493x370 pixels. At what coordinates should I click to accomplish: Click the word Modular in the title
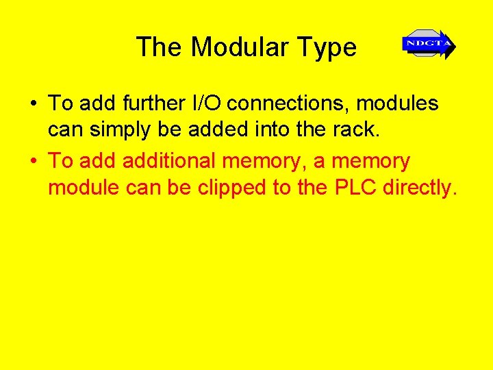point(240,47)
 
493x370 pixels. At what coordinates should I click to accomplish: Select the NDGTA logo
point(429,45)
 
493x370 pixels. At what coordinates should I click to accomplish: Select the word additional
point(166,161)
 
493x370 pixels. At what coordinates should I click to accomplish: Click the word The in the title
point(160,47)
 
